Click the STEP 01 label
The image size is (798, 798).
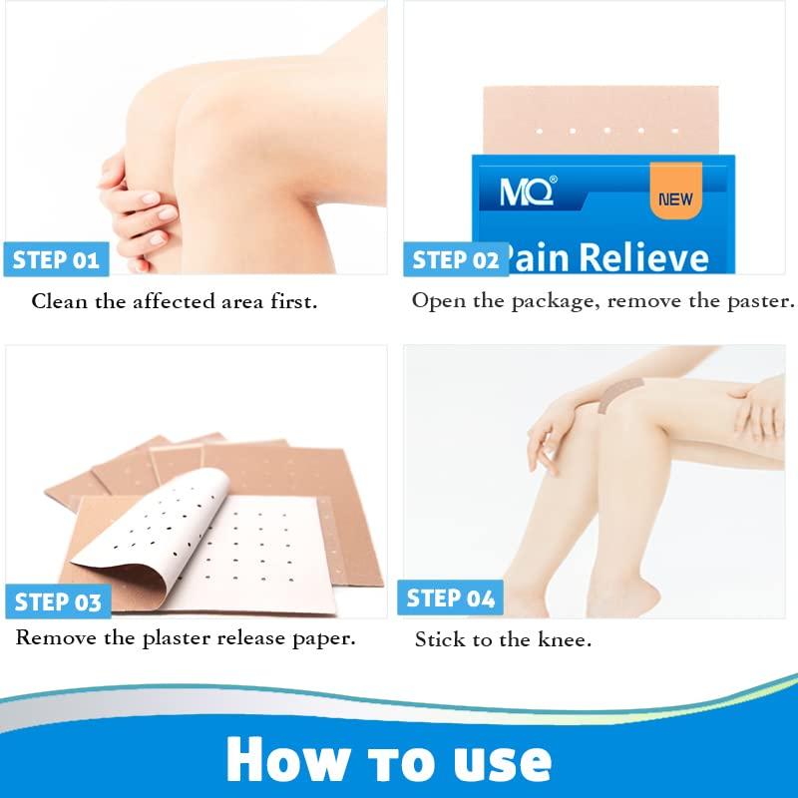point(56,260)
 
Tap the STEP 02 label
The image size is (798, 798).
point(455,260)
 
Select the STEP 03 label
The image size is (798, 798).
point(58,601)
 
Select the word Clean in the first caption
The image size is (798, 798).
point(60,300)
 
